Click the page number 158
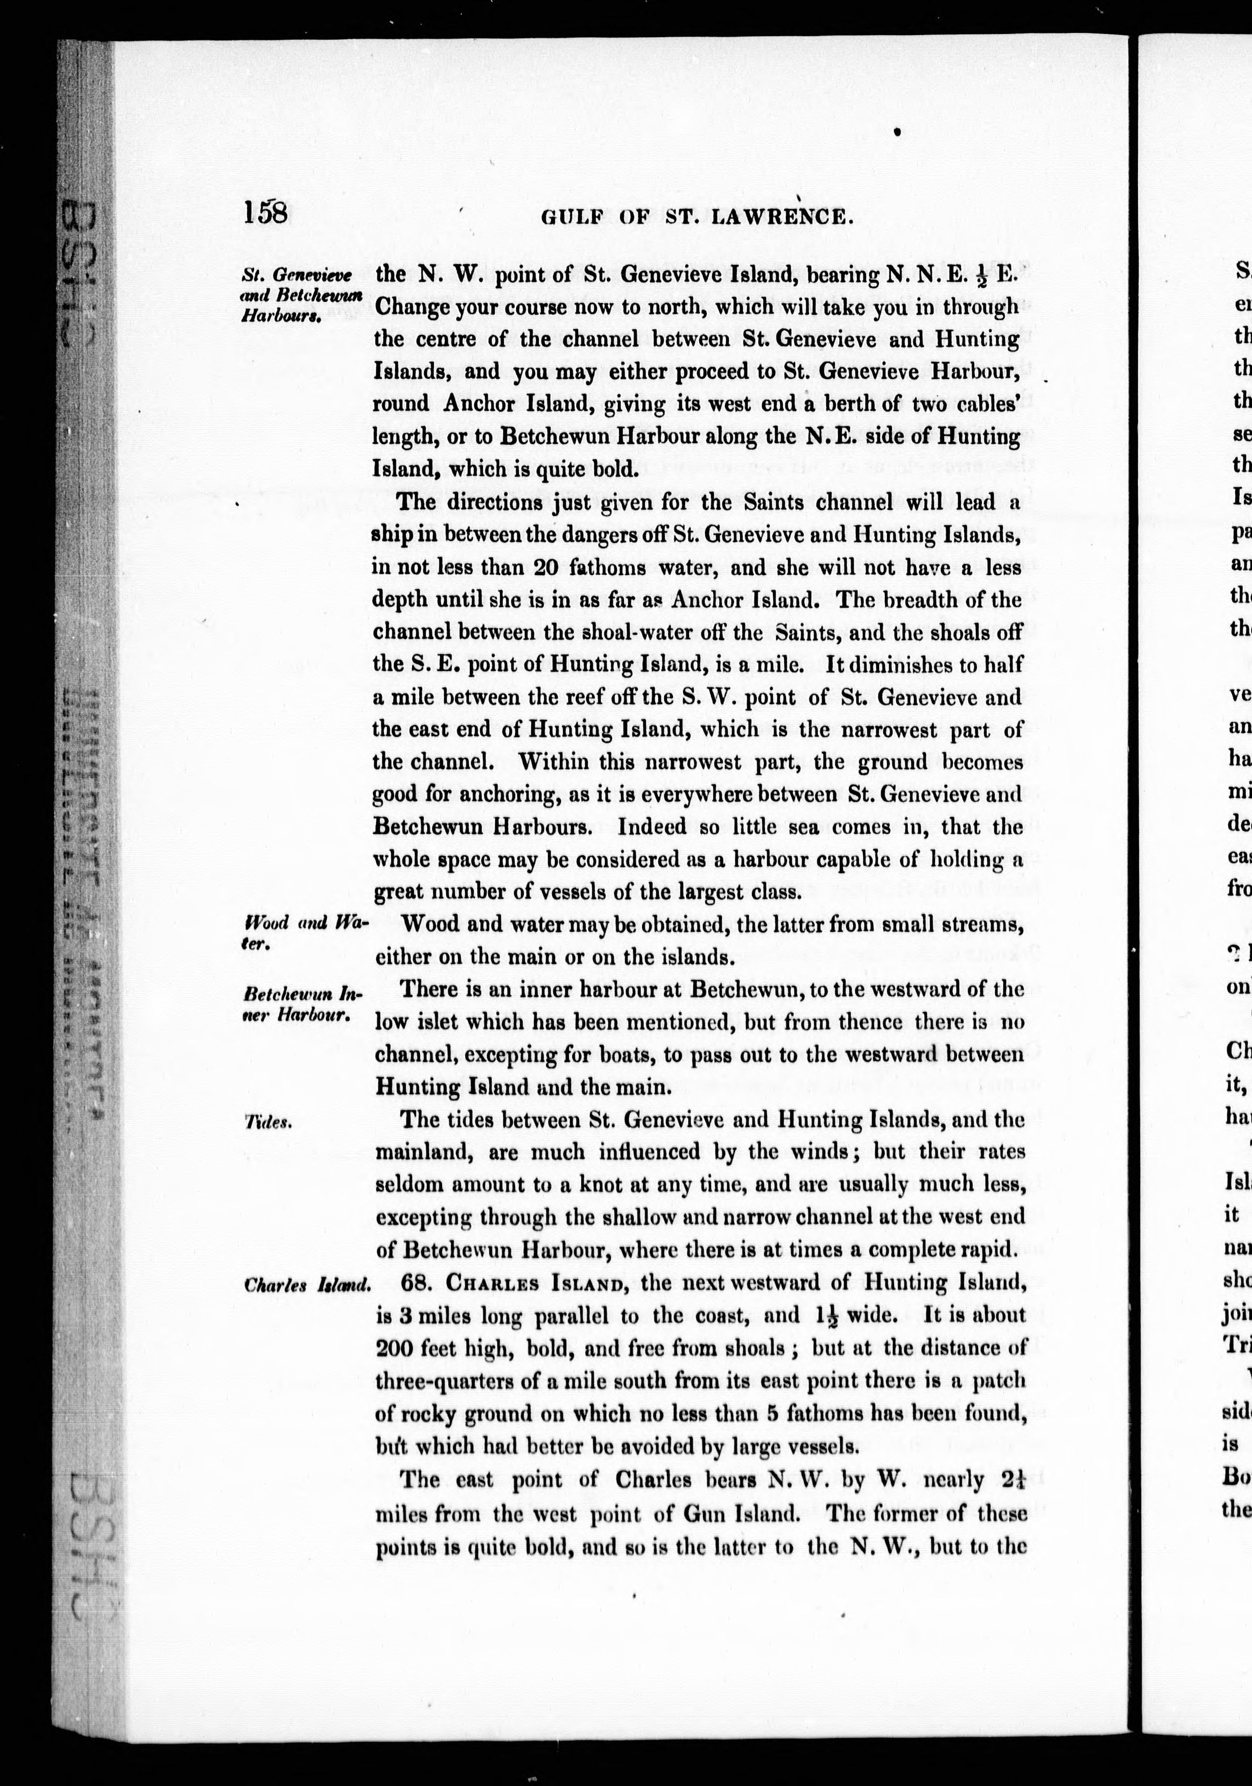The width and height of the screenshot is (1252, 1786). pyautogui.click(x=265, y=212)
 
